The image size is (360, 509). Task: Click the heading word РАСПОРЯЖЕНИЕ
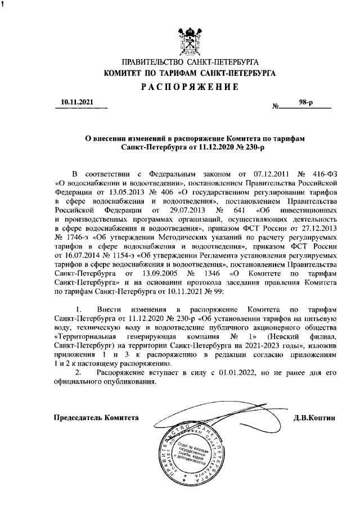coord(189,87)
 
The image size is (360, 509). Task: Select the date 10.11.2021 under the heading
coord(76,102)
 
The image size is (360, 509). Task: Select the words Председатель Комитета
coord(96,417)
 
